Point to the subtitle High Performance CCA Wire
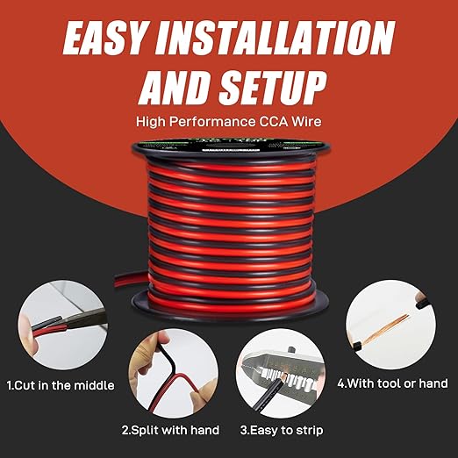229,124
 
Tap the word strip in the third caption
304,430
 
